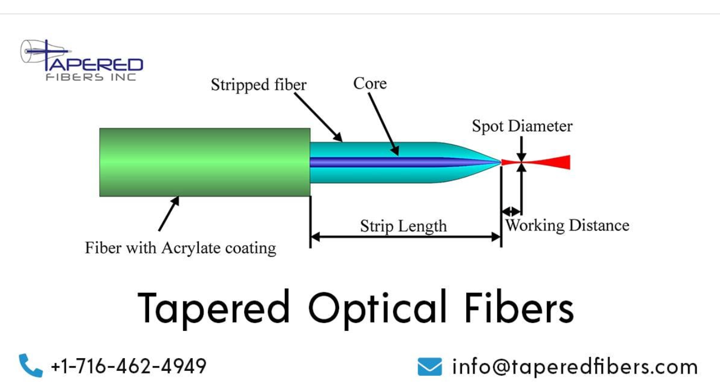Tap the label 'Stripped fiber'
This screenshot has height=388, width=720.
pyautogui.click(x=259, y=85)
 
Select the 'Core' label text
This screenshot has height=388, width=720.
pyautogui.click(x=370, y=83)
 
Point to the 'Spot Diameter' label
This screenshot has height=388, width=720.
pyautogui.click(x=522, y=126)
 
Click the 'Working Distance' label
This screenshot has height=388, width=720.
pyautogui.click(x=567, y=225)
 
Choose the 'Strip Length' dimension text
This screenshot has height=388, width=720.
pyautogui.click(x=403, y=226)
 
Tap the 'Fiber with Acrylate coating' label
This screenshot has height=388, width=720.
pyautogui.click(x=181, y=248)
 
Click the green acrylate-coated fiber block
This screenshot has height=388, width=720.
pyautogui.click(x=205, y=162)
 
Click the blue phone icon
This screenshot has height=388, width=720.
pyautogui.click(x=30, y=366)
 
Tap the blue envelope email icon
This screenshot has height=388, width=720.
pyautogui.click(x=429, y=367)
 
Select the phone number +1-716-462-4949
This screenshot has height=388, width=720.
pyautogui.click(x=128, y=366)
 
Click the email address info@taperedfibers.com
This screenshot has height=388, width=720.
pyautogui.click(x=575, y=367)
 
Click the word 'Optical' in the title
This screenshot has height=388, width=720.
pyautogui.click(x=377, y=309)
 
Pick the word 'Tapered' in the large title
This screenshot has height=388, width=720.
pyautogui.click(x=214, y=309)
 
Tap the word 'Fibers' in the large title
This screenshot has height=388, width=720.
pyautogui.click(x=519, y=308)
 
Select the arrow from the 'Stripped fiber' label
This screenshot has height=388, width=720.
pyautogui.click(x=318, y=117)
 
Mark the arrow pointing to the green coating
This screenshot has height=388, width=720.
pyautogui.click(x=168, y=213)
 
